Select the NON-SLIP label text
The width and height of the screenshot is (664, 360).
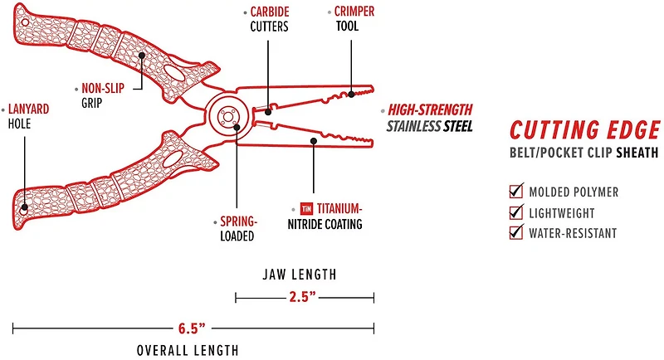(x=102, y=88)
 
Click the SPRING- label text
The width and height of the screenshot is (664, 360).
(x=240, y=221)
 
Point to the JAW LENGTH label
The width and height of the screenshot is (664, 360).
(x=305, y=273)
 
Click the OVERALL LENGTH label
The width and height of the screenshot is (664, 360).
(x=188, y=350)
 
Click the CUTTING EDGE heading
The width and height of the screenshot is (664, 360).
(x=585, y=131)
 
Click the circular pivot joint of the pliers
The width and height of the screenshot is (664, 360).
(x=226, y=118)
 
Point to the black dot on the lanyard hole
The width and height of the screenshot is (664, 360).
(x=26, y=207)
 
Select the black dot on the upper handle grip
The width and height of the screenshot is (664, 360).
(x=143, y=55)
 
